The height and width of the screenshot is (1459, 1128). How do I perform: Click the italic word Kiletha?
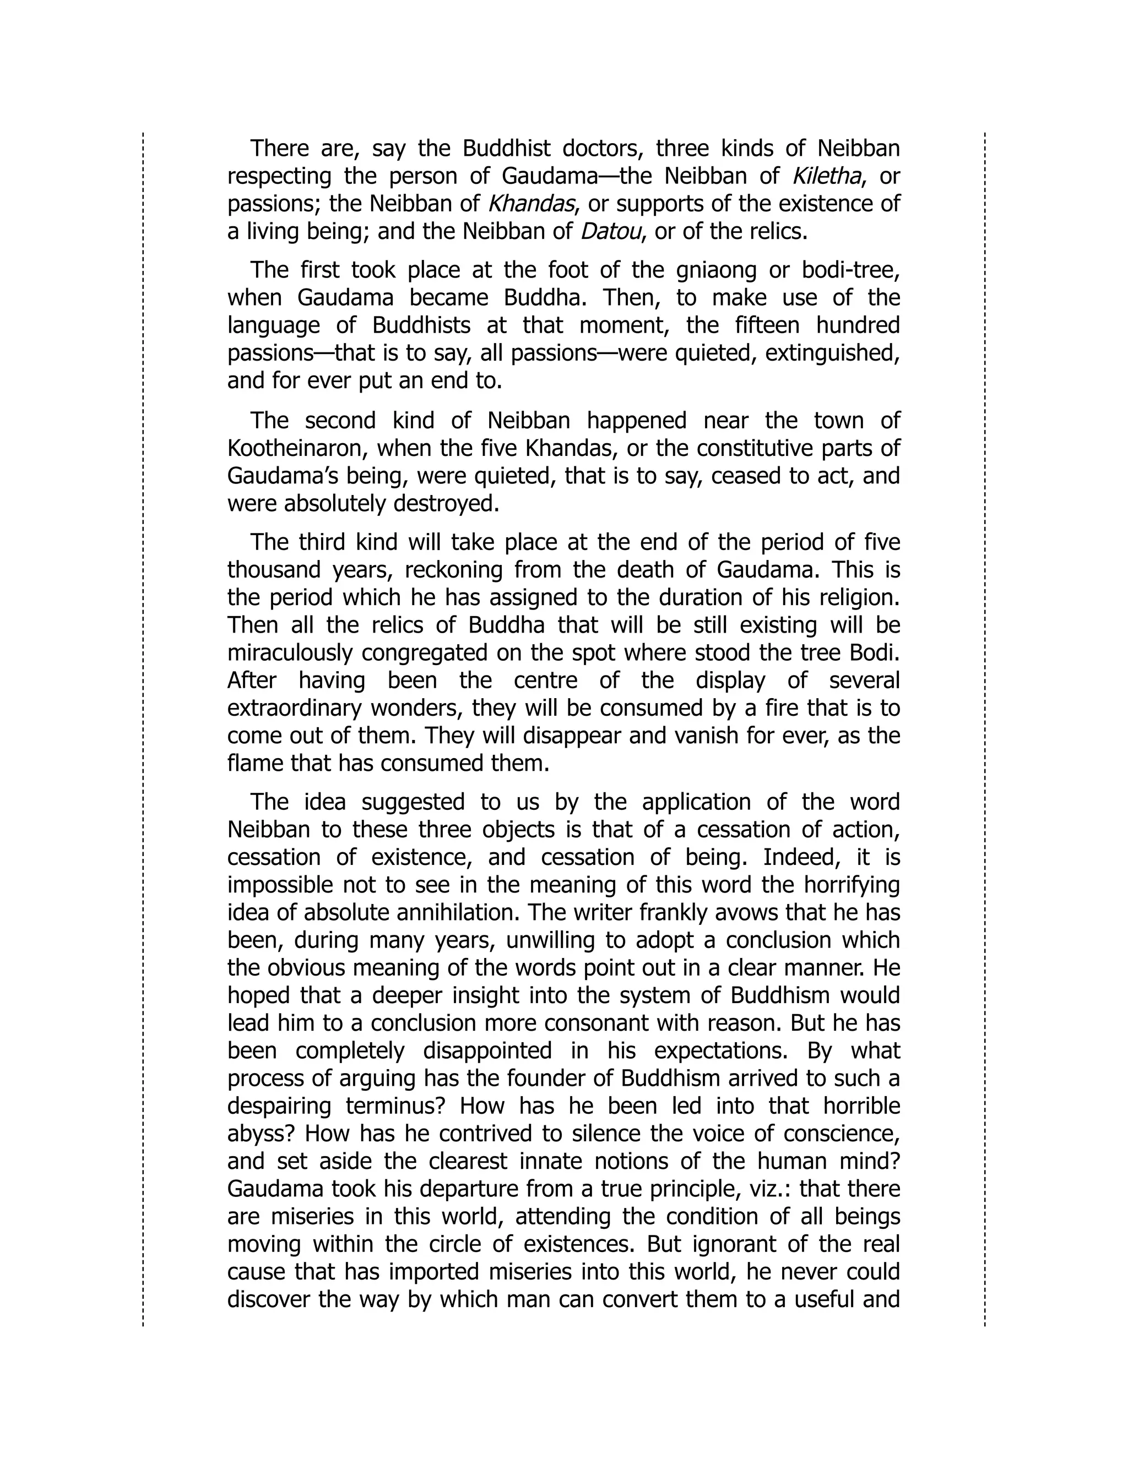(x=826, y=176)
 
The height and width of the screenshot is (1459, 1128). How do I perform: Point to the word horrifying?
(x=852, y=885)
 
